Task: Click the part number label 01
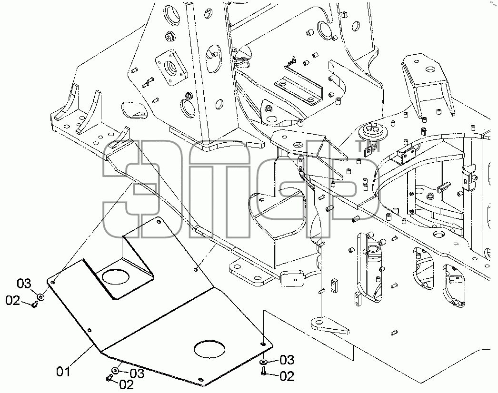63,372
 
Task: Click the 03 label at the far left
24,284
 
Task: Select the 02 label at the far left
13,300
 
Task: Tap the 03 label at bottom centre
137,373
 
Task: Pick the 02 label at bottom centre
126,384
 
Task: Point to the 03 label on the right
287,360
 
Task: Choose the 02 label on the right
287,376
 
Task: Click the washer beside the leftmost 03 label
40,297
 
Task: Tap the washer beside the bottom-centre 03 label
115,371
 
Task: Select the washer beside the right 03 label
264,362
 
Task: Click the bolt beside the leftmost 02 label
35,305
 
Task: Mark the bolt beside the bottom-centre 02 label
109,378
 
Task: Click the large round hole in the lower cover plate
209,350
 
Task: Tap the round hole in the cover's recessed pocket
116,277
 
